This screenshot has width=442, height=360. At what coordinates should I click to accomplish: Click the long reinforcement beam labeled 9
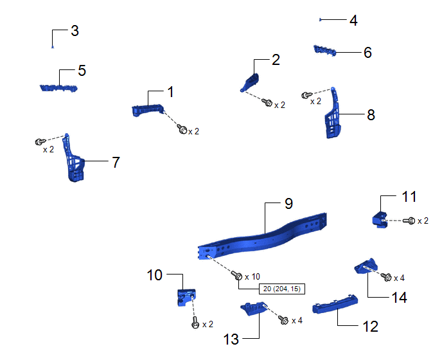(x=262, y=237)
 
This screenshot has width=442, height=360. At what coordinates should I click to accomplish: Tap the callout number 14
(x=400, y=298)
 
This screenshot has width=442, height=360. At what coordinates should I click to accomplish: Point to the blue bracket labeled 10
(x=186, y=297)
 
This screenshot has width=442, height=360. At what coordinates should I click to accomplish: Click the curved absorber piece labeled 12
(x=335, y=305)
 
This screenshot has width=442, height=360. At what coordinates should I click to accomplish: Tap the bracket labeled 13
(x=253, y=308)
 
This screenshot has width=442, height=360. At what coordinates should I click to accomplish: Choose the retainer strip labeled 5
(x=58, y=88)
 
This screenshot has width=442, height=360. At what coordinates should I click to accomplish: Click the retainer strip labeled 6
(x=325, y=50)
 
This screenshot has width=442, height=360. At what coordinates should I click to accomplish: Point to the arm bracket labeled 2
(x=251, y=81)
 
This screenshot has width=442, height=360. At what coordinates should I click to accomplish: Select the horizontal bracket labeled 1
(x=148, y=110)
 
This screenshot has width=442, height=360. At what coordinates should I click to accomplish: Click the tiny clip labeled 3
(x=53, y=47)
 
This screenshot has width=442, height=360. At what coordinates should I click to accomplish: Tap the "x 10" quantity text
(x=252, y=277)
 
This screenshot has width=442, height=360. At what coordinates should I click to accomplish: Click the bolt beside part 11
(x=409, y=221)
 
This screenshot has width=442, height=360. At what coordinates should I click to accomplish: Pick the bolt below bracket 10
(x=195, y=322)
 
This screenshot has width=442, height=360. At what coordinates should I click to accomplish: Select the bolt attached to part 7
(x=40, y=141)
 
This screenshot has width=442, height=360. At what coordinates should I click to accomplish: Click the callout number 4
(x=353, y=21)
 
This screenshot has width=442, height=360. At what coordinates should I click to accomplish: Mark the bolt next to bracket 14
(x=386, y=277)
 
